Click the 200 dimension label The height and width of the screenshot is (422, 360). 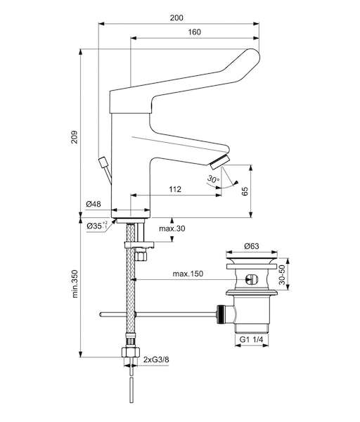coord(176,18)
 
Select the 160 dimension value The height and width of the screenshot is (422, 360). coord(194,32)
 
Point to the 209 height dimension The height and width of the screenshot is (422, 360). coord(75,137)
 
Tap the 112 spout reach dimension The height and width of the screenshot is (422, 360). coord(175,189)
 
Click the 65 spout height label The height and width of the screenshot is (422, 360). coord(245,191)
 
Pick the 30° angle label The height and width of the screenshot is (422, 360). coord(213,179)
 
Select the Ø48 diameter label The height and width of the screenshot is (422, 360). coord(94,204)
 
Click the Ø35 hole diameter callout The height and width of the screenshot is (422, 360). coord(97,226)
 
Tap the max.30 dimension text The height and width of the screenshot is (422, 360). coord(172,229)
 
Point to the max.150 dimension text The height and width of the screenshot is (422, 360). coord(188,274)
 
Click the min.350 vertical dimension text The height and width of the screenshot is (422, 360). coord(75,283)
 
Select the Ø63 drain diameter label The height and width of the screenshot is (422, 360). coord(252,246)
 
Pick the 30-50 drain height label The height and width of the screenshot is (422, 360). coord(282,274)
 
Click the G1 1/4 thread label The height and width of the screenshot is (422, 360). coord(251,340)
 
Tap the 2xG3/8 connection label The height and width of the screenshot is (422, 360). coord(156,359)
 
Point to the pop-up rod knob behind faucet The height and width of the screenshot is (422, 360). coord(103,162)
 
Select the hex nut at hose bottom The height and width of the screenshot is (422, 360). coord(131,352)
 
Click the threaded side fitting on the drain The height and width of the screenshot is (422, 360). coord(220,314)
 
